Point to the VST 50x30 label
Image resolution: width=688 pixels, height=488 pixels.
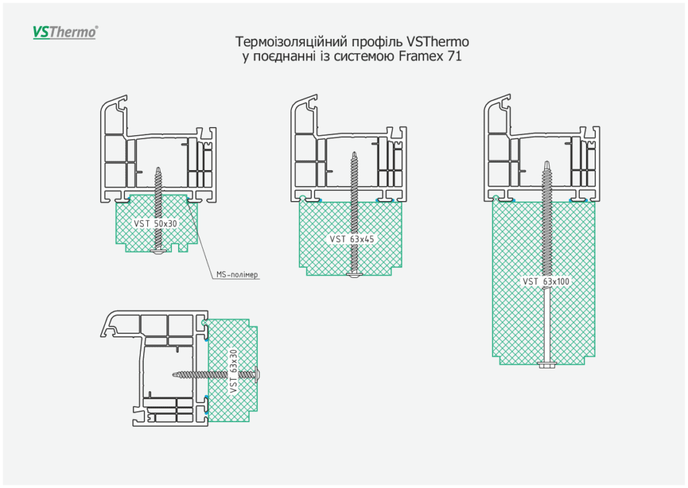point(156,223)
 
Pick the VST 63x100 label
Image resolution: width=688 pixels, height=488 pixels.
point(546,282)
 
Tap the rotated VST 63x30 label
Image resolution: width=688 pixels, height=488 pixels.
point(234,372)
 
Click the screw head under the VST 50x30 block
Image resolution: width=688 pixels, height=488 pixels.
point(159,251)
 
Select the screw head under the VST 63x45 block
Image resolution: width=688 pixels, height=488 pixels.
point(354,274)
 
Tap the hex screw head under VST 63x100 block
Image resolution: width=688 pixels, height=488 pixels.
point(546,364)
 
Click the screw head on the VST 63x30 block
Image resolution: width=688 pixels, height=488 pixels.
point(258,373)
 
